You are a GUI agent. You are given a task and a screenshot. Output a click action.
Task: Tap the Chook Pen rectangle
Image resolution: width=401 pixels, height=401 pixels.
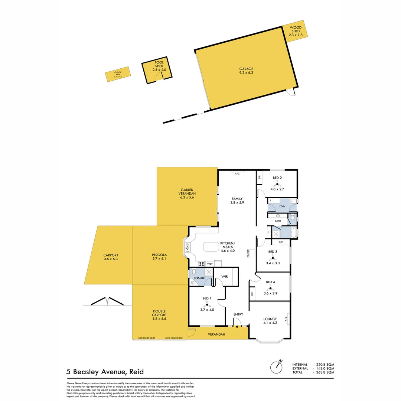[x=117, y=74]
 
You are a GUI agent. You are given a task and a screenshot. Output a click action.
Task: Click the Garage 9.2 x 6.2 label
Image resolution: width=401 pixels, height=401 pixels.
[x=246, y=71]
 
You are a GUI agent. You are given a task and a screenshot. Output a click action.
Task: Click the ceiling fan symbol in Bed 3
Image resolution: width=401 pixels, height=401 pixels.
[x=273, y=257]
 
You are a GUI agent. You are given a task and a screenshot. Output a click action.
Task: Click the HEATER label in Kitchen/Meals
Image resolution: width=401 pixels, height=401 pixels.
[x=248, y=254]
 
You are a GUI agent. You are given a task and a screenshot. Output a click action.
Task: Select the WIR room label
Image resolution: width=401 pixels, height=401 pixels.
[x=224, y=277]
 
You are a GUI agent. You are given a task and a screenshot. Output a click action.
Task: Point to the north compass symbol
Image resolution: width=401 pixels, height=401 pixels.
[x=276, y=366]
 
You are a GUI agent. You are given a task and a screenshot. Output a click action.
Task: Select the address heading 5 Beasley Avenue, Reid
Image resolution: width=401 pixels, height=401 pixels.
[x=105, y=371]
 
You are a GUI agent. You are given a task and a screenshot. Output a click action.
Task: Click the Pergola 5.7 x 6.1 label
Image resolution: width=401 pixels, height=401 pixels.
[x=159, y=257]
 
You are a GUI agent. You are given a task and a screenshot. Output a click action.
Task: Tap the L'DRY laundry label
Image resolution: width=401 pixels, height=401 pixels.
[x=282, y=206]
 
